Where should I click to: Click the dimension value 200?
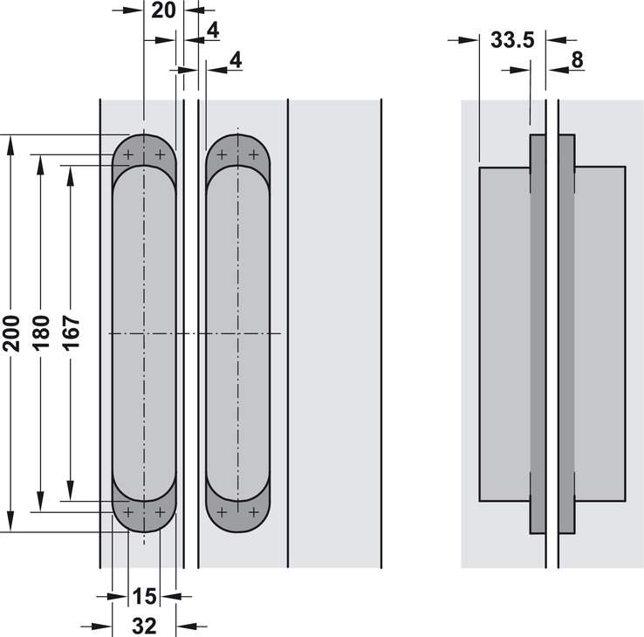tap(11, 332)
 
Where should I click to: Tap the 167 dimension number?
tap(71, 332)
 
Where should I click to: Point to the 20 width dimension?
tap(164, 10)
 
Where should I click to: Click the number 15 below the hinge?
tap(144, 596)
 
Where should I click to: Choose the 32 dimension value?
tap(144, 625)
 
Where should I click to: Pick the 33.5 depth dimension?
tap(511, 40)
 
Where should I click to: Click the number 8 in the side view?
tap(577, 59)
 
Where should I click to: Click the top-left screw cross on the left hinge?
tap(128, 155)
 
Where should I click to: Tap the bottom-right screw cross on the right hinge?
tap(253, 511)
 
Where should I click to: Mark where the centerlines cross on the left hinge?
tap(143, 333)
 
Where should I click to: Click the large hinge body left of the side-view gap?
tap(504, 333)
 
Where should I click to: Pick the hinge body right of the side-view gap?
tap(599, 333)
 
